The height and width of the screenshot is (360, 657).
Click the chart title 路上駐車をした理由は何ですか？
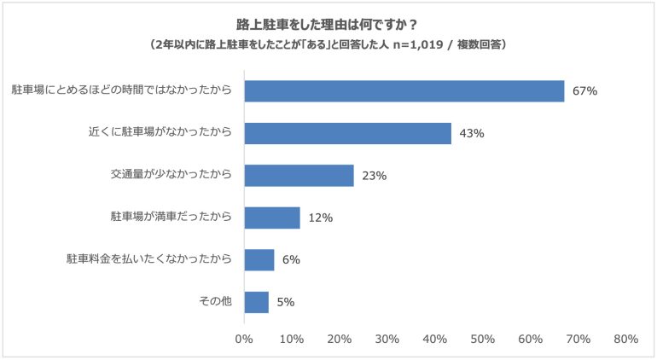[x=327, y=25]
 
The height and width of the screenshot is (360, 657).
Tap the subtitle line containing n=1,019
[x=328, y=44]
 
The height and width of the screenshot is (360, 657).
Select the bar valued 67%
[x=404, y=91]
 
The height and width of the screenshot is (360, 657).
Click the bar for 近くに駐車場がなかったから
[x=348, y=133]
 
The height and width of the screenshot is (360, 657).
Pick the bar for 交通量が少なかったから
[x=299, y=176]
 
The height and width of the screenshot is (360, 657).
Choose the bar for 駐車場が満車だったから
[x=272, y=218]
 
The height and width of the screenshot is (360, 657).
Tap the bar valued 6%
[x=259, y=260]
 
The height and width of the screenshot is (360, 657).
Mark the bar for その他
[x=257, y=302]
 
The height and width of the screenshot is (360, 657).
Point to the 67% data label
[x=585, y=91]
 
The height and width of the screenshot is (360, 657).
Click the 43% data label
[x=472, y=133]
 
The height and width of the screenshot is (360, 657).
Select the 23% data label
[x=375, y=176]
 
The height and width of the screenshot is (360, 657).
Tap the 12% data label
[x=321, y=218]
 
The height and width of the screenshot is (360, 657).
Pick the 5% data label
[x=286, y=302]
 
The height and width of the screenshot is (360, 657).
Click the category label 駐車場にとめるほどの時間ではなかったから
[x=121, y=90]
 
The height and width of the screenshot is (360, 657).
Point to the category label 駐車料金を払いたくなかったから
[x=149, y=258]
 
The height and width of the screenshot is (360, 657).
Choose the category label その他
[x=215, y=301]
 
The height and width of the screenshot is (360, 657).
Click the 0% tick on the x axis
[x=244, y=339]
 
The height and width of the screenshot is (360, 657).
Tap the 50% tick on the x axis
[x=483, y=339]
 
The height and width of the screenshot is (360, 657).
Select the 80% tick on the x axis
[x=626, y=339]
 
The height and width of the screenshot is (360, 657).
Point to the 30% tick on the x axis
[x=387, y=339]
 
